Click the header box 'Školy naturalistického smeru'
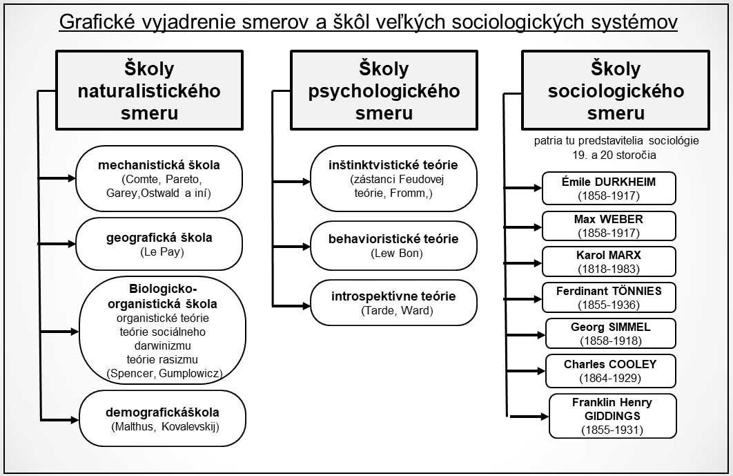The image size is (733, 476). pyautogui.click(x=150, y=91)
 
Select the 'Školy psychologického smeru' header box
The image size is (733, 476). pyautogui.click(x=384, y=91)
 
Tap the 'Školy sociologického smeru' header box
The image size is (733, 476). pyautogui.click(x=616, y=91)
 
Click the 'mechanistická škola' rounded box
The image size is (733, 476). pyautogui.click(x=159, y=179)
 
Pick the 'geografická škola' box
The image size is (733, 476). pyautogui.click(x=159, y=244)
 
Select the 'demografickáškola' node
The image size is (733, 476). pyautogui.click(x=162, y=419)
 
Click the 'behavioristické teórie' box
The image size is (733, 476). pyautogui.click(x=393, y=246)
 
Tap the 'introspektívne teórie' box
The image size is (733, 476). pyautogui.click(x=393, y=303)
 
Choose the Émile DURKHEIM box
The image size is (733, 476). pyautogui.click(x=609, y=188)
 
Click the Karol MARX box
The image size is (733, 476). pyautogui.click(x=609, y=262)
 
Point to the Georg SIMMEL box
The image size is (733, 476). pyautogui.click(x=611, y=333)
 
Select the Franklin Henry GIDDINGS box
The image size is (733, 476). pyautogui.click(x=612, y=416)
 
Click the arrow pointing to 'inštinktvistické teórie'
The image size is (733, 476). pyautogui.click(x=291, y=182)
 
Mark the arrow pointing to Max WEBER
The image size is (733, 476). pyautogui.click(x=522, y=227)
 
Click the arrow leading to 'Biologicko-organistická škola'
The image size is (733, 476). pyautogui.click(x=60, y=332)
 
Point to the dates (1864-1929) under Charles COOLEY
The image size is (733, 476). pyautogui.click(x=610, y=378)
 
